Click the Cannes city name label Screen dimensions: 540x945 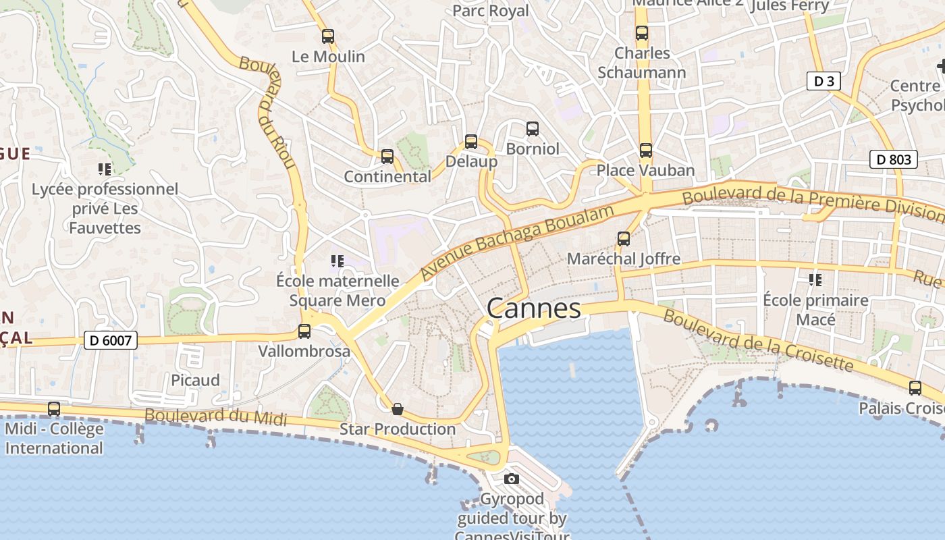pyautogui.click(x=533, y=308)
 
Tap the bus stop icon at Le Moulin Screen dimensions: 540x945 pyautogui.click(x=328, y=36)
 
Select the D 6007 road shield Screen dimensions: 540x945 pyautogui.click(x=111, y=340)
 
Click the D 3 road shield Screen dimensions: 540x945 pyautogui.click(x=823, y=82)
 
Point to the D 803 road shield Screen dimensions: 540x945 pyautogui.click(x=893, y=159)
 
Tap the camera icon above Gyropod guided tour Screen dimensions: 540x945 pyautogui.click(x=512, y=479)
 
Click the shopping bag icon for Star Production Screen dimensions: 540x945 pyautogui.click(x=398, y=409)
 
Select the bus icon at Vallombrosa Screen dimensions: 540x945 pyautogui.click(x=304, y=331)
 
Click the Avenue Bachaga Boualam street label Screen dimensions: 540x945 pyautogui.click(x=516, y=242)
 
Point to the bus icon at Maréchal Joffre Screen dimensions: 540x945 pyautogui.click(x=624, y=238)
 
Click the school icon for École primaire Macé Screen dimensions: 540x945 pyautogui.click(x=815, y=279)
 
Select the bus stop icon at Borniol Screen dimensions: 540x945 pyautogui.click(x=533, y=128)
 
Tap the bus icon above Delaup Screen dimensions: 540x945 pyautogui.click(x=471, y=142)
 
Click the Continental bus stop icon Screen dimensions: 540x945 pyautogui.click(x=387, y=157)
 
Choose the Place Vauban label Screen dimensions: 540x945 pyautogui.click(x=645, y=170)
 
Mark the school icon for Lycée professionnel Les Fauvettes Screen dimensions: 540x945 pyautogui.click(x=105, y=169)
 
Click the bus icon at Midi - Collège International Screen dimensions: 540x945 pyautogui.click(x=54, y=408)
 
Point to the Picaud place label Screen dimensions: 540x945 pyautogui.click(x=195, y=380)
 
